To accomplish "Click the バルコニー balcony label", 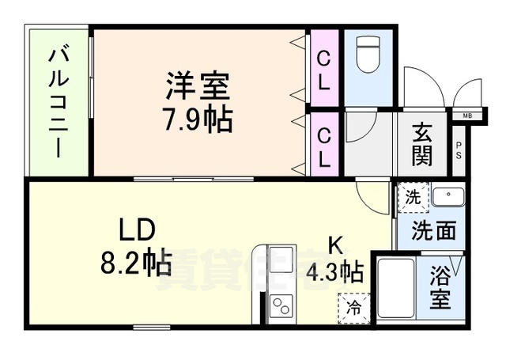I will click(x=59, y=102).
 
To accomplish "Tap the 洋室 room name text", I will click(x=198, y=84).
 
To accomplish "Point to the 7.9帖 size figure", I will click(x=198, y=119).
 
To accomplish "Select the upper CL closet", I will click(x=324, y=68).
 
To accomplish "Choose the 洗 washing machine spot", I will click(x=412, y=199).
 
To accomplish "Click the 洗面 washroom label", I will click(x=434, y=230).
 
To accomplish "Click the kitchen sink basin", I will click(x=281, y=260).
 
